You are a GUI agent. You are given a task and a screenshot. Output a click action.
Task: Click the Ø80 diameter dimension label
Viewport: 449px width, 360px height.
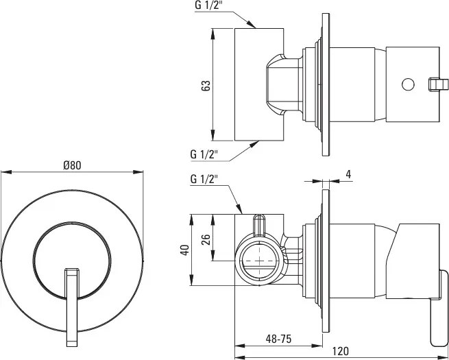72,165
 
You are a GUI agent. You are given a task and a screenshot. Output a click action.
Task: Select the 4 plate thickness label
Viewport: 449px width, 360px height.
348,174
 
